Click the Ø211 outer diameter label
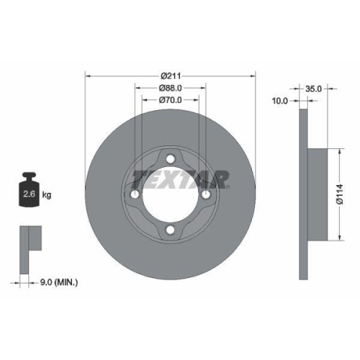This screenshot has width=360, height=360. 171,74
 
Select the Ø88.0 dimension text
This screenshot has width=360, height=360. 171,88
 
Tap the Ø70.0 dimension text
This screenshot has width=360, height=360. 171,101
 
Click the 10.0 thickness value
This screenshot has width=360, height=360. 279,101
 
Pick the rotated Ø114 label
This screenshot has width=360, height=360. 349,194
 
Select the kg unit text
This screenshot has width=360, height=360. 46,194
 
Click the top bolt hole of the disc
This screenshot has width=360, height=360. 171,160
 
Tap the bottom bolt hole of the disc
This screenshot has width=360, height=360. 171,230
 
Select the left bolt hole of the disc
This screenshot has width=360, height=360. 135,195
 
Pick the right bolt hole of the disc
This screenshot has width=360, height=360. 206,195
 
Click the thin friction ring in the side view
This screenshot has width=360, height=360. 303,195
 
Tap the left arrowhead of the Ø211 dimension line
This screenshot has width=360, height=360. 88,74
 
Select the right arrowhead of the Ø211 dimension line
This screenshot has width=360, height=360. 253,74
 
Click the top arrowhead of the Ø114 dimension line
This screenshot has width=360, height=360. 338,151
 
